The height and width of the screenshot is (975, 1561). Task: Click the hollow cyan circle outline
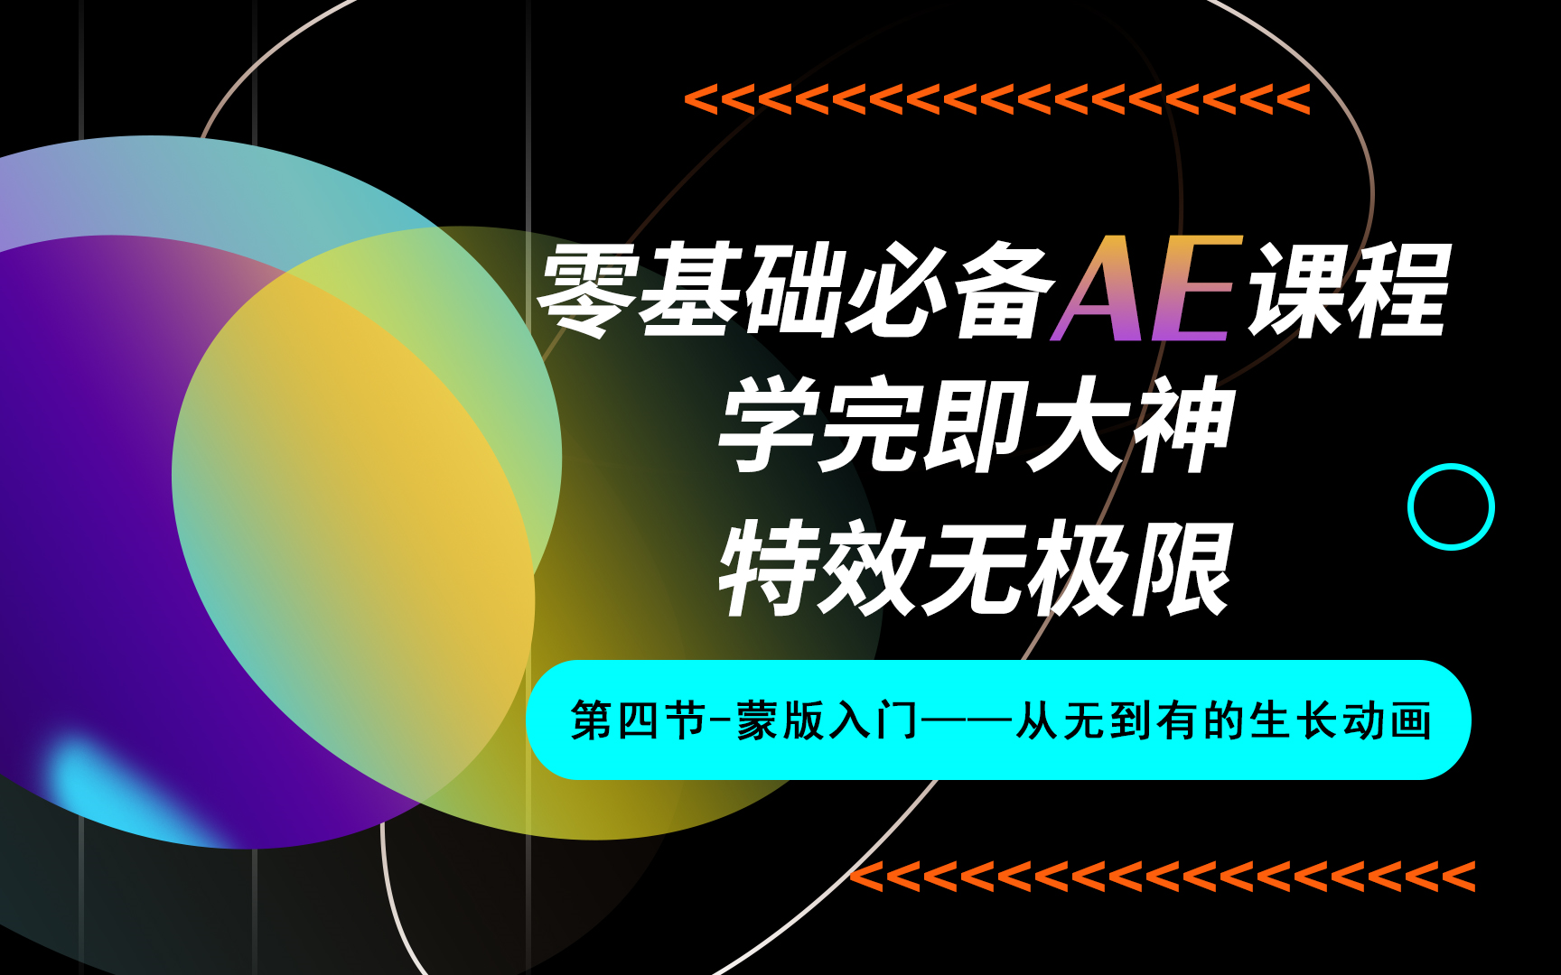1451,506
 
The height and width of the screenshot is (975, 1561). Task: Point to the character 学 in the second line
768,424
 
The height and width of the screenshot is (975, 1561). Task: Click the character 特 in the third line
768,569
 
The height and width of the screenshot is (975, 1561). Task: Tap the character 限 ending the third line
1183,569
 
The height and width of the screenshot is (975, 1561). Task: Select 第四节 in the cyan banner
638,721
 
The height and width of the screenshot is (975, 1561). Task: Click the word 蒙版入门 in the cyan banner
827,721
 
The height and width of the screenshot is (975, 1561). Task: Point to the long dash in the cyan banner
967,721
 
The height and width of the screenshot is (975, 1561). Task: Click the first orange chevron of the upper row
701,99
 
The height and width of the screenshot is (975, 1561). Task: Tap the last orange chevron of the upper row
1294,99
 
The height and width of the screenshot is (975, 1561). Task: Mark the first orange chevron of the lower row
868,877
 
